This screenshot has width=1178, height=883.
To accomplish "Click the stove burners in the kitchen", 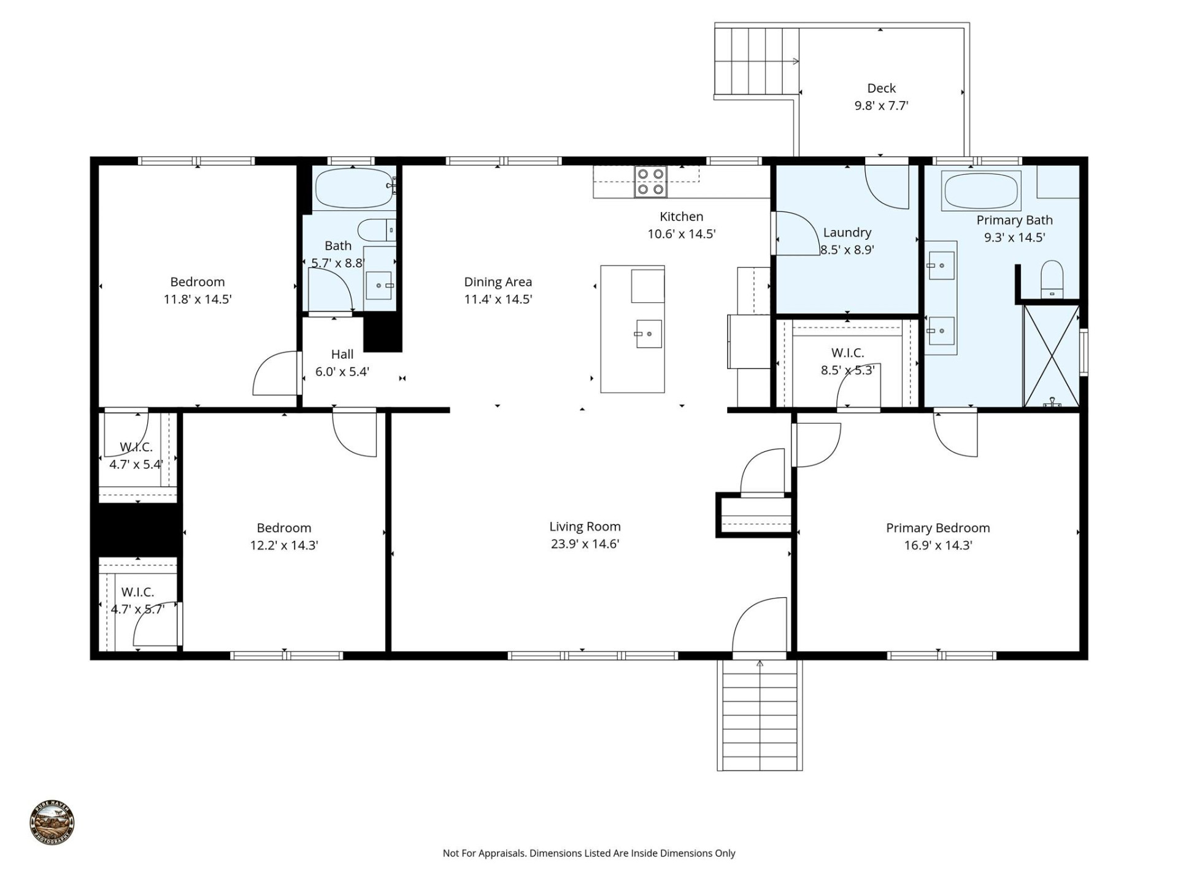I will click(x=651, y=182).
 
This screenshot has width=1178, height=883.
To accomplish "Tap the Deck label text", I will click(x=881, y=88).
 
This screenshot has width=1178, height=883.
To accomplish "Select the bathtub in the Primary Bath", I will click(x=981, y=191).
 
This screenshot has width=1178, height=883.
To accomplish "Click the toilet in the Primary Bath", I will click(x=1052, y=279).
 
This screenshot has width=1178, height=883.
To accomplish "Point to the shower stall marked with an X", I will click(x=1051, y=356).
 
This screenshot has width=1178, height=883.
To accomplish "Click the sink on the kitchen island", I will click(x=648, y=334).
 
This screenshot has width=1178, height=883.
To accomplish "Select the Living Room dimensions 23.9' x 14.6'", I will click(x=585, y=544).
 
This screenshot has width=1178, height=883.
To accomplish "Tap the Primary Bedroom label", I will click(x=937, y=528).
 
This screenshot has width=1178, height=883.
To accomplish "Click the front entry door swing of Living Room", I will click(x=760, y=625).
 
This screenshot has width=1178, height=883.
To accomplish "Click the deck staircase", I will click(x=756, y=61).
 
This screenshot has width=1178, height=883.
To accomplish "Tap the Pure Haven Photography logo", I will click(x=52, y=823).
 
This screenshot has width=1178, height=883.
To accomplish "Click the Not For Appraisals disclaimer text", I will click(x=588, y=853).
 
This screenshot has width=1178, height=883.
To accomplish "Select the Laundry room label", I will click(x=847, y=232).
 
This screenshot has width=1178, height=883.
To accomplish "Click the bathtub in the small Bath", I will click(x=353, y=187).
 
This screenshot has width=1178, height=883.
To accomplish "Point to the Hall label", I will click(x=342, y=354).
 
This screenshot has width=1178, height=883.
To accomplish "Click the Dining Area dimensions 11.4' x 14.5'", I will click(x=498, y=299).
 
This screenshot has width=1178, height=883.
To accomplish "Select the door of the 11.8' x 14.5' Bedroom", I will click(x=276, y=374).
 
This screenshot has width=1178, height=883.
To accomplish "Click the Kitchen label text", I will click(x=681, y=216).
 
